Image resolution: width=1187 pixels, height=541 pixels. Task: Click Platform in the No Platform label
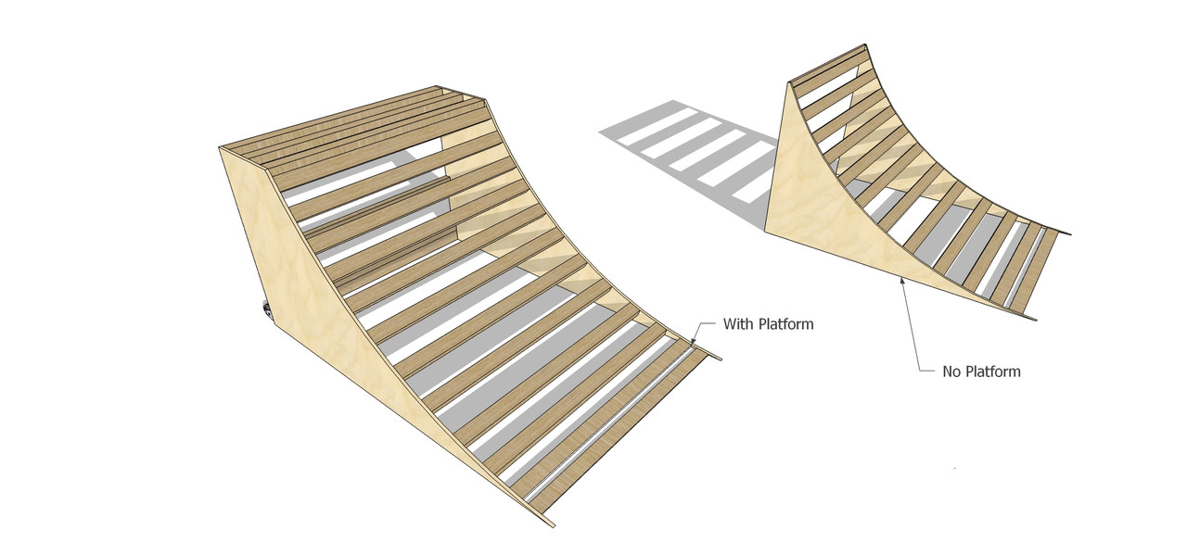pos(992,371)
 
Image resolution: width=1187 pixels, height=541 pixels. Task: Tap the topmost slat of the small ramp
pos(830,65)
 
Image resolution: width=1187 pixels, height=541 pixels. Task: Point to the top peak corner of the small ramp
pos(866,44)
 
